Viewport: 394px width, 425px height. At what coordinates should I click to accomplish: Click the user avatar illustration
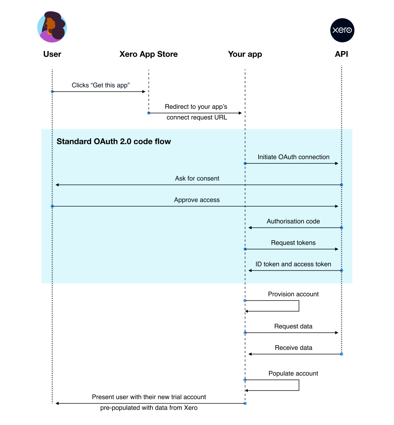point(52,27)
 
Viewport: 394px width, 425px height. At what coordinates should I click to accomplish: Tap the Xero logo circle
point(342,30)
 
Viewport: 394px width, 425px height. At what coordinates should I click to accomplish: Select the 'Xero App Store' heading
point(149,54)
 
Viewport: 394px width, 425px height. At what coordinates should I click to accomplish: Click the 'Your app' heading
point(245,54)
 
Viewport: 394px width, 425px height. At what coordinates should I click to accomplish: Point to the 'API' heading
point(341,54)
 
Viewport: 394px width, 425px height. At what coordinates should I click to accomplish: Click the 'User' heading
point(53,54)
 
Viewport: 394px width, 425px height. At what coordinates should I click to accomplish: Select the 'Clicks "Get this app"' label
point(101,85)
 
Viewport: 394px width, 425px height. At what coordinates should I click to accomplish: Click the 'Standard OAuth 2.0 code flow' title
point(114,141)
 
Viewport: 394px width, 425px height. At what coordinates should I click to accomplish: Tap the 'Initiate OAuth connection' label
point(293,157)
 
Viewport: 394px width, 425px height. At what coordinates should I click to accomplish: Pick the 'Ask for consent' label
point(197,178)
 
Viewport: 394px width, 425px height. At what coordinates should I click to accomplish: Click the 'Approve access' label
point(197,200)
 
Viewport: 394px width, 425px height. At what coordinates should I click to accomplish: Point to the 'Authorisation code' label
point(293,221)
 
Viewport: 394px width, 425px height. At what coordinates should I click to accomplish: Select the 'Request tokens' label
point(293,242)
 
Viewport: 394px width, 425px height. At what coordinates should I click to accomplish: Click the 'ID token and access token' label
point(293,264)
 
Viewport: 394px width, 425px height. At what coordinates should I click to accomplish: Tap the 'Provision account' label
point(293,294)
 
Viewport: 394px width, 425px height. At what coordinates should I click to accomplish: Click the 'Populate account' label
point(293,373)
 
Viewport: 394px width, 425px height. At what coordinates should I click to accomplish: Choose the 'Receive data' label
point(294,347)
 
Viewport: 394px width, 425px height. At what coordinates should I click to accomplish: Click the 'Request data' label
point(293,326)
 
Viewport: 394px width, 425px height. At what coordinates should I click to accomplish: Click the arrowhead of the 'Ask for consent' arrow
point(57,185)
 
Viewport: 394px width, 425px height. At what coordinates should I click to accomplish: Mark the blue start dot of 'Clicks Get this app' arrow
point(53,92)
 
